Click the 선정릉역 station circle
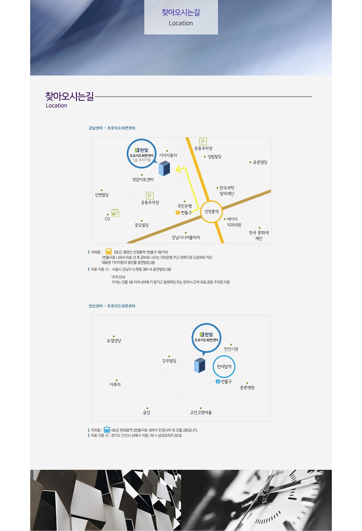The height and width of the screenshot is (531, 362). [211, 212]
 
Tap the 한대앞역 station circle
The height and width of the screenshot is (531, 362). [224, 367]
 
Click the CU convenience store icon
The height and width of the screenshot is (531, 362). [115, 213]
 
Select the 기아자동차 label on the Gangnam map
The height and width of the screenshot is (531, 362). [168, 155]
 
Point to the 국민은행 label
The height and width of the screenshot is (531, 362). [184, 206]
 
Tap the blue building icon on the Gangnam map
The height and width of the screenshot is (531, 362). [164, 168]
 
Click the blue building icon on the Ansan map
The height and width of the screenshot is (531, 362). [200, 365]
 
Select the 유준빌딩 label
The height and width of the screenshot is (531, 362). [260, 162]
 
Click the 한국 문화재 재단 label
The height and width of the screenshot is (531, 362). [259, 235]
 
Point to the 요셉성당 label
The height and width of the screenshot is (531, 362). [114, 341]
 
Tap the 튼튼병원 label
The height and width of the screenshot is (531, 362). [247, 388]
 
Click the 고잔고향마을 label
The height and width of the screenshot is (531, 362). [201, 413]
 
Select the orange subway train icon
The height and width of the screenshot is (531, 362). [109, 252]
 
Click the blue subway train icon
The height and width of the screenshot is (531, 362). [107, 430]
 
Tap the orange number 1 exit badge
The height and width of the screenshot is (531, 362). [178, 213]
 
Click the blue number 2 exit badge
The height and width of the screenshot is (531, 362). [218, 381]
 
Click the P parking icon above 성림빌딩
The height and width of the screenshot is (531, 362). [203, 141]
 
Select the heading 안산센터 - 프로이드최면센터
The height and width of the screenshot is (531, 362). [112, 306]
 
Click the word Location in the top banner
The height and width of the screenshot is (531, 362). [181, 23]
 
